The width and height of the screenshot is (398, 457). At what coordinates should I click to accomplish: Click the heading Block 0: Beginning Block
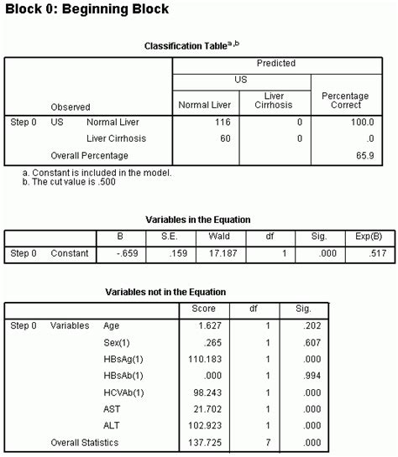tap(85, 10)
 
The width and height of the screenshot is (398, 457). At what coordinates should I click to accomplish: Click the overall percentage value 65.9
tap(362, 155)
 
